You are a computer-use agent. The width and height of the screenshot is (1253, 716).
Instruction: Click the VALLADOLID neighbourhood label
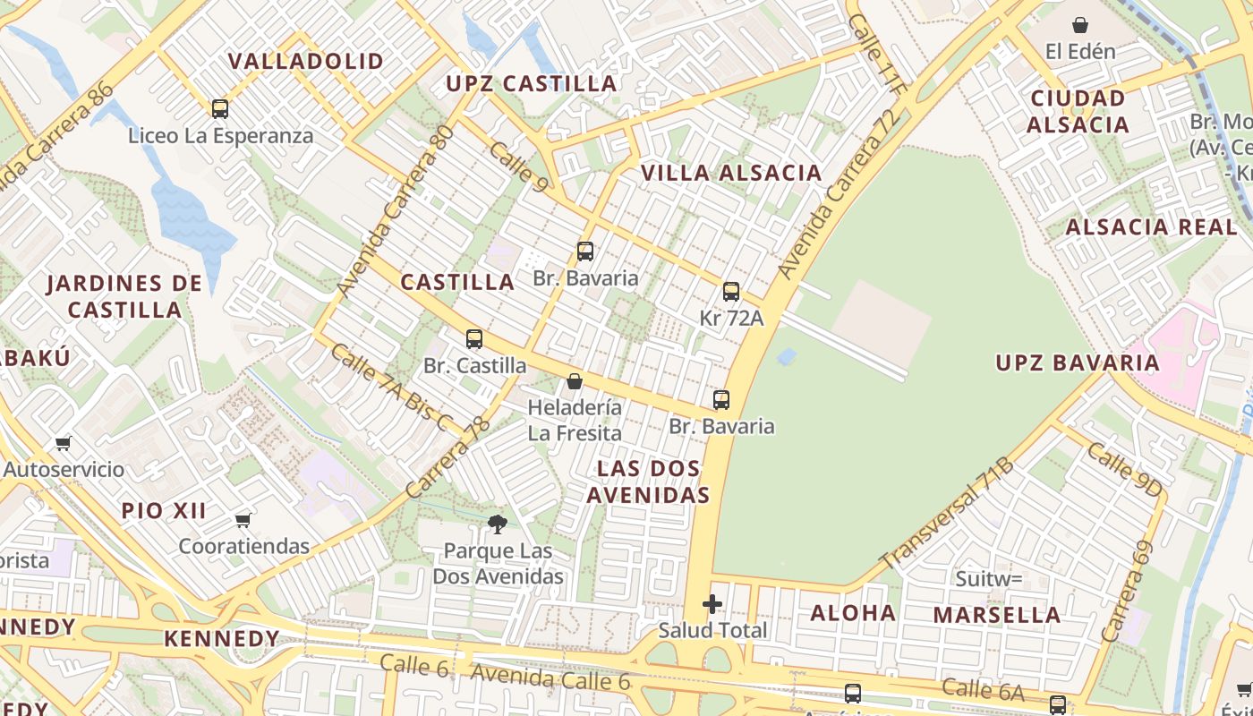point(305,61)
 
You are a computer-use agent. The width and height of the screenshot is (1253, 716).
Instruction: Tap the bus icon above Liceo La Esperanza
point(220,109)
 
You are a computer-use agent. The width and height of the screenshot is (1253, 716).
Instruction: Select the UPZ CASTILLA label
point(532,84)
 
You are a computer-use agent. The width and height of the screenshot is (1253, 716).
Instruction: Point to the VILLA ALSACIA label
point(730,173)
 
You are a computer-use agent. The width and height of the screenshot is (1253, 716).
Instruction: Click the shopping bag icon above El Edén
point(1080,25)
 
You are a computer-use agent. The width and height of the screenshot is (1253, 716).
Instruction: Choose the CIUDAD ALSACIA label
point(1078,111)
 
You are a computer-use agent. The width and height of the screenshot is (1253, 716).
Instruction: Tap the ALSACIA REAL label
point(1151,227)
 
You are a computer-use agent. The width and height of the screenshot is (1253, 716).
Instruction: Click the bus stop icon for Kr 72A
point(731,292)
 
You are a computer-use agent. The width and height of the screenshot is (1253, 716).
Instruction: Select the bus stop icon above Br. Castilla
point(474,339)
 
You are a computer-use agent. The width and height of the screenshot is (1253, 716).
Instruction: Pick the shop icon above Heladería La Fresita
point(575,382)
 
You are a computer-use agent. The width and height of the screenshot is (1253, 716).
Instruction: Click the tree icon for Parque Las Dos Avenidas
point(498,524)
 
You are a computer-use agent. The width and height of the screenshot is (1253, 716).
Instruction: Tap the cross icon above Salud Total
point(712,604)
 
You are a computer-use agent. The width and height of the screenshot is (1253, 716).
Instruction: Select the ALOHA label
point(853,613)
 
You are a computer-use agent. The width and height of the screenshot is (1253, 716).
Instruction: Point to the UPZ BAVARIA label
point(1078,362)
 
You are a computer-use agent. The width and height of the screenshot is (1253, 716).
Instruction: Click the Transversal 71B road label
point(947,514)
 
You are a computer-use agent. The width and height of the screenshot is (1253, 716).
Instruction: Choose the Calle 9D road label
point(1125,469)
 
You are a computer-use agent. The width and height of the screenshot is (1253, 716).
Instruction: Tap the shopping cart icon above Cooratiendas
point(243,520)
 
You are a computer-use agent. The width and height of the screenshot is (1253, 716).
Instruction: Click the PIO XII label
point(164,511)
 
